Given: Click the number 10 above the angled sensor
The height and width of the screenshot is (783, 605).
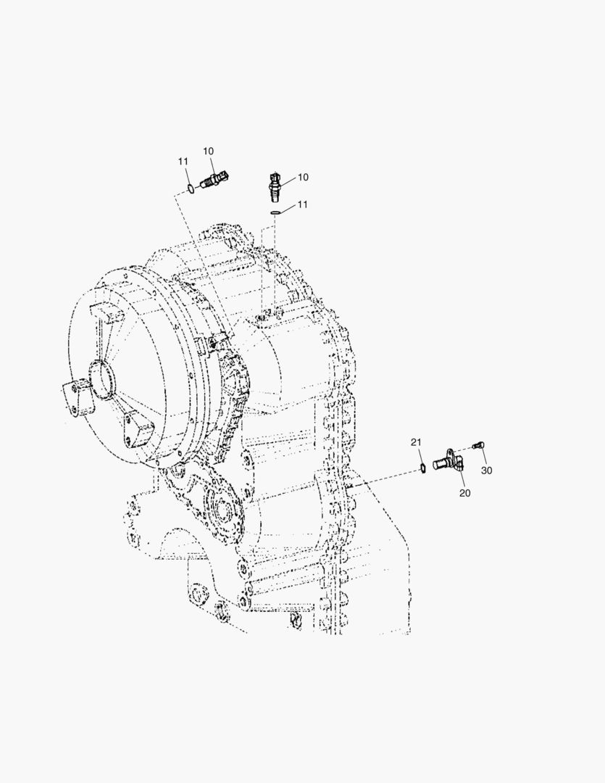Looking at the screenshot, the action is tap(208, 152).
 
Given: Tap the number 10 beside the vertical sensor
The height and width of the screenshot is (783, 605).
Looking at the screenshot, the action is tap(303, 178).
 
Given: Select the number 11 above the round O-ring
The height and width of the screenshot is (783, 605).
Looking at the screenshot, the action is tap(183, 161).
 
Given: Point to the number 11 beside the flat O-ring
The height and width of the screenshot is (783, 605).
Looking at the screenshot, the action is tap(303, 204).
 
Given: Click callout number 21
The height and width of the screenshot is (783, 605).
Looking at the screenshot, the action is tap(416, 442).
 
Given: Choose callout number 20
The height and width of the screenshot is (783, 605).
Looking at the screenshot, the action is tap(464, 494).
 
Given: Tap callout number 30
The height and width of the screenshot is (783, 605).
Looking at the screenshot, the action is tap(487, 471).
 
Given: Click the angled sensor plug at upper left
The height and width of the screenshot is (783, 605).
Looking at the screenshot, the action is tap(214, 179).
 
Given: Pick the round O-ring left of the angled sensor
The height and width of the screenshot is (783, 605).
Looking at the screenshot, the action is tap(191, 188).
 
